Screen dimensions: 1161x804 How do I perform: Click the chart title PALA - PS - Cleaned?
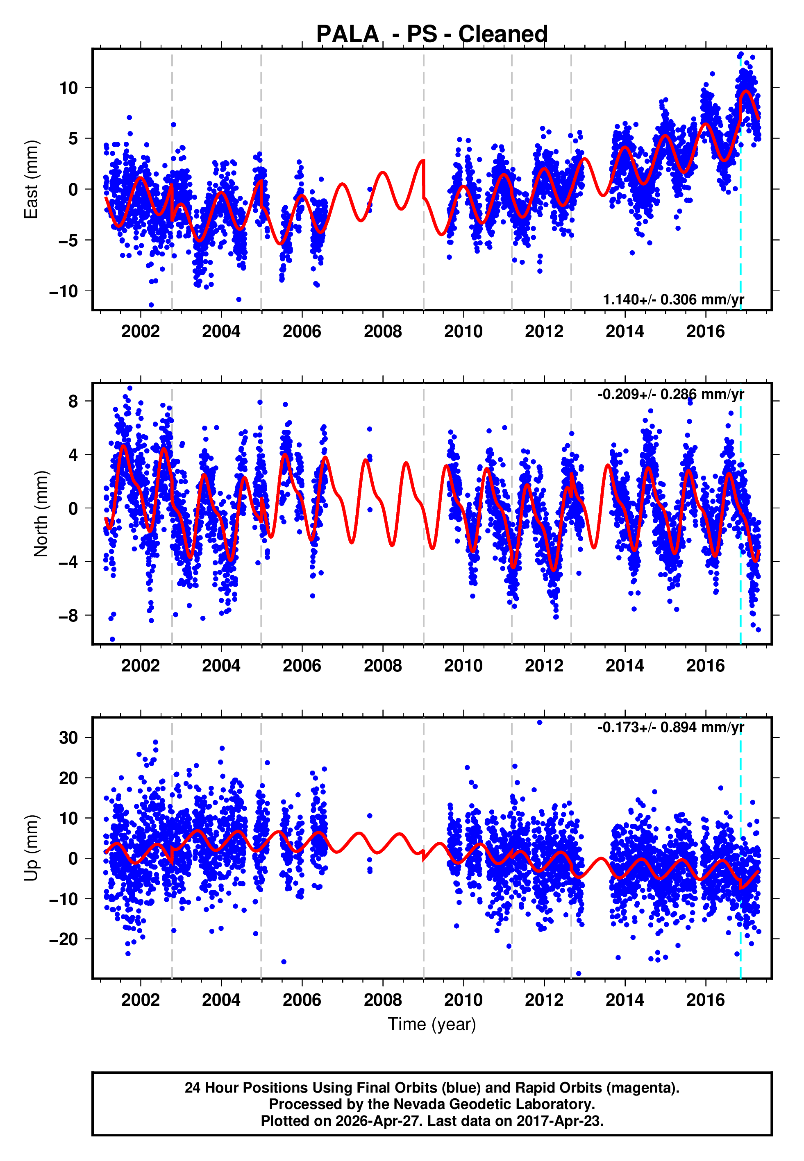point(432,34)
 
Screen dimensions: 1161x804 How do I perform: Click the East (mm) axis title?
point(31,179)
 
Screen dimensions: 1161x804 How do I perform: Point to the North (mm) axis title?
point(40,514)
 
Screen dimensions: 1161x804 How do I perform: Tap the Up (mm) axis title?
point(31,848)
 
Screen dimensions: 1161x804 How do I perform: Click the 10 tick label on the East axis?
point(69,88)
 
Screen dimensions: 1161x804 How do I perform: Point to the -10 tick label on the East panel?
point(64,292)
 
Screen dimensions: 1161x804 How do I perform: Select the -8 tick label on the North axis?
point(68,616)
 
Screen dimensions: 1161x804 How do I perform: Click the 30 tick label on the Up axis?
point(69,738)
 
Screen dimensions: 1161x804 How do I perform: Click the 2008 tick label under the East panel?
point(383,332)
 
